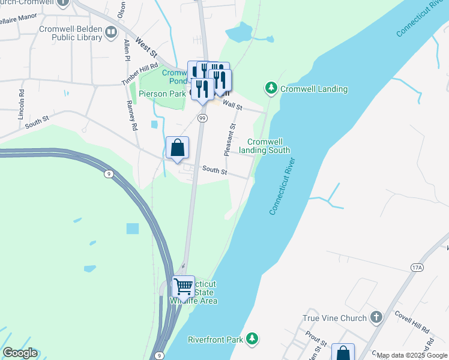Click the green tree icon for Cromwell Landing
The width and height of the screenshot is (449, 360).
[x=271, y=89]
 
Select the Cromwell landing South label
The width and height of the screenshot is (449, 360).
[x=265, y=146]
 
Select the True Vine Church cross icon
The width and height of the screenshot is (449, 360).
[x=376, y=317]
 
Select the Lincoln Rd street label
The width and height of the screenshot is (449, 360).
[x=22, y=104]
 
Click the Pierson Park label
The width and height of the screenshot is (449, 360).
[x=162, y=94]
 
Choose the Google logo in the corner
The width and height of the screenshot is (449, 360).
[x=19, y=353]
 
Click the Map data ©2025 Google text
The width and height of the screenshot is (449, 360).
[x=412, y=356]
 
